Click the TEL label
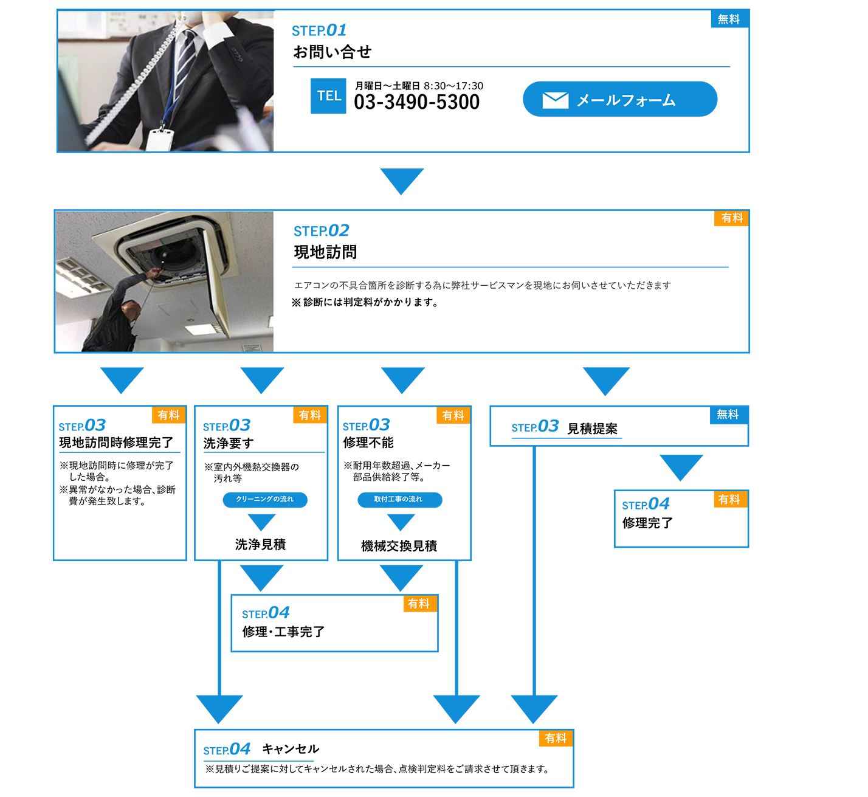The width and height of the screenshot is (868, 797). click(329, 96)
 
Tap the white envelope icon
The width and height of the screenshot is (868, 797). click(555, 100)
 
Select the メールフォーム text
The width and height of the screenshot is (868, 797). click(625, 100)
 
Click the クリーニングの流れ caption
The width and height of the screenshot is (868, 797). click(264, 499)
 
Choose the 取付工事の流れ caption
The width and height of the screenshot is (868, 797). click(398, 499)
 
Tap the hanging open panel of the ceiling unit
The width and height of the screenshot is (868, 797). click(219, 286)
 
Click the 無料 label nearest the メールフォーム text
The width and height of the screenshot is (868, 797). click(728, 19)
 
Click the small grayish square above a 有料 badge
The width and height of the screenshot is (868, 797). click(731, 195)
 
